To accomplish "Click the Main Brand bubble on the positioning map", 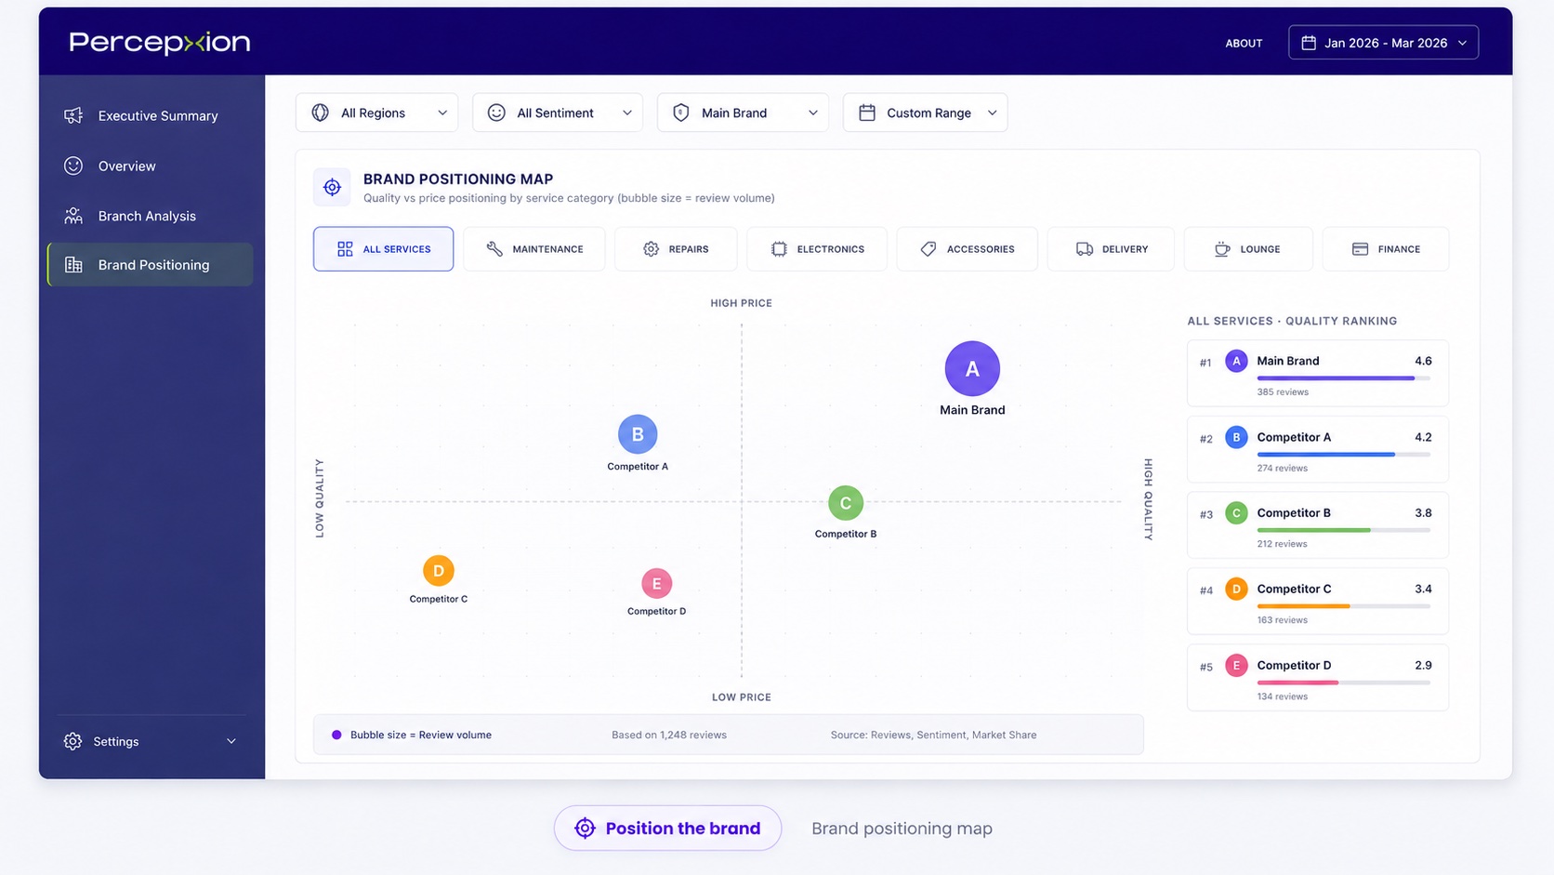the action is (972, 368).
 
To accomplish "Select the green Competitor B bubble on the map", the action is (845, 503).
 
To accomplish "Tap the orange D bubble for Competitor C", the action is (439, 570).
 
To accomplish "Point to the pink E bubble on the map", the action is (656, 584).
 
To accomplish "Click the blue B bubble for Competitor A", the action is (638, 434).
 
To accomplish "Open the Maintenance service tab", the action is (534, 249).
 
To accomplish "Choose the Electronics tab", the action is (817, 249).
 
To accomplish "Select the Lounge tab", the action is (1248, 249).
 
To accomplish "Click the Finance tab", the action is (1386, 249).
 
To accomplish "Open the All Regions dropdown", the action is (376, 113).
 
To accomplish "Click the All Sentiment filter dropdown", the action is (557, 113).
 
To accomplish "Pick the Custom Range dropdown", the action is (925, 113).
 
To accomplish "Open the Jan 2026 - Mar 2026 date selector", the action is (1383, 43).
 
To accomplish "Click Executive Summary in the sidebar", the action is (157, 116).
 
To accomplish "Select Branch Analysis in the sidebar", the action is (146, 216).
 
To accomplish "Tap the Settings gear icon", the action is (72, 741).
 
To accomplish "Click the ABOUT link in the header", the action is (1244, 43).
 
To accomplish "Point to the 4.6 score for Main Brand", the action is (1423, 361).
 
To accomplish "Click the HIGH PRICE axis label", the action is (741, 303).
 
